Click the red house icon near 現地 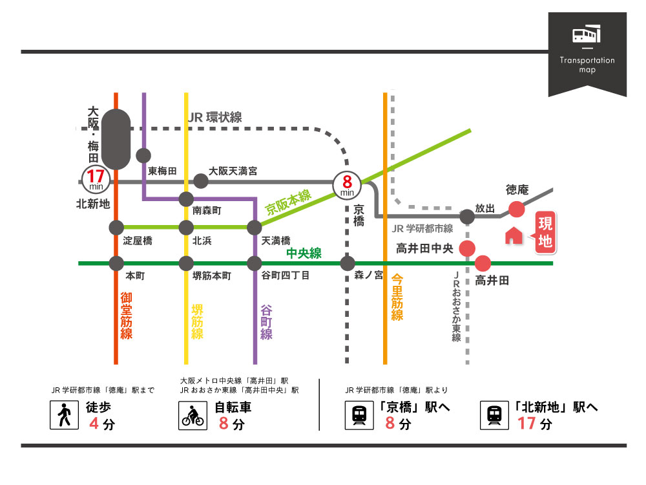[514, 235]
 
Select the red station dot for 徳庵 [516, 209]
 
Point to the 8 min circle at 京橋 [347, 184]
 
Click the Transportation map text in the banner [587, 65]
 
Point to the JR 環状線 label [215, 117]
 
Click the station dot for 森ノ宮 [348, 263]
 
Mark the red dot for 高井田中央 [466, 248]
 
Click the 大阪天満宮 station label [233, 171]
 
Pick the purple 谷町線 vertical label [266, 322]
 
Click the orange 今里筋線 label [397, 297]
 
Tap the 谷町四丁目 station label [284, 275]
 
